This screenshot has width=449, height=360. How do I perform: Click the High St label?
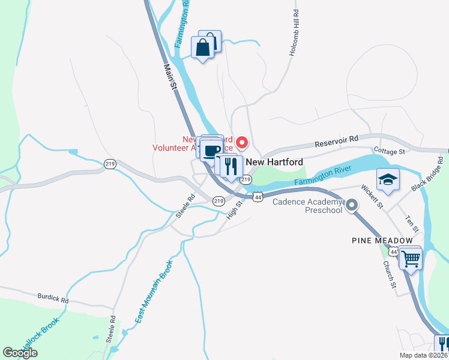coord(234,210)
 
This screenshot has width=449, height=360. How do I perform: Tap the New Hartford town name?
coord(275,162)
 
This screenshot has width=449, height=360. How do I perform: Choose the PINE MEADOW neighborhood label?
coord(382,240)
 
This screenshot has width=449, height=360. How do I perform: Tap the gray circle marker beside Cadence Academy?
coord(352,206)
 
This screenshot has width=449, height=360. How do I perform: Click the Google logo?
coord(20,353)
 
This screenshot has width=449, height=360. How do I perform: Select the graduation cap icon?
coord(388,179)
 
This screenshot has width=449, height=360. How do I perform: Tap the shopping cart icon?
coord(411,259)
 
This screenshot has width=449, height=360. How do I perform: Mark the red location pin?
coord(242,142)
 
